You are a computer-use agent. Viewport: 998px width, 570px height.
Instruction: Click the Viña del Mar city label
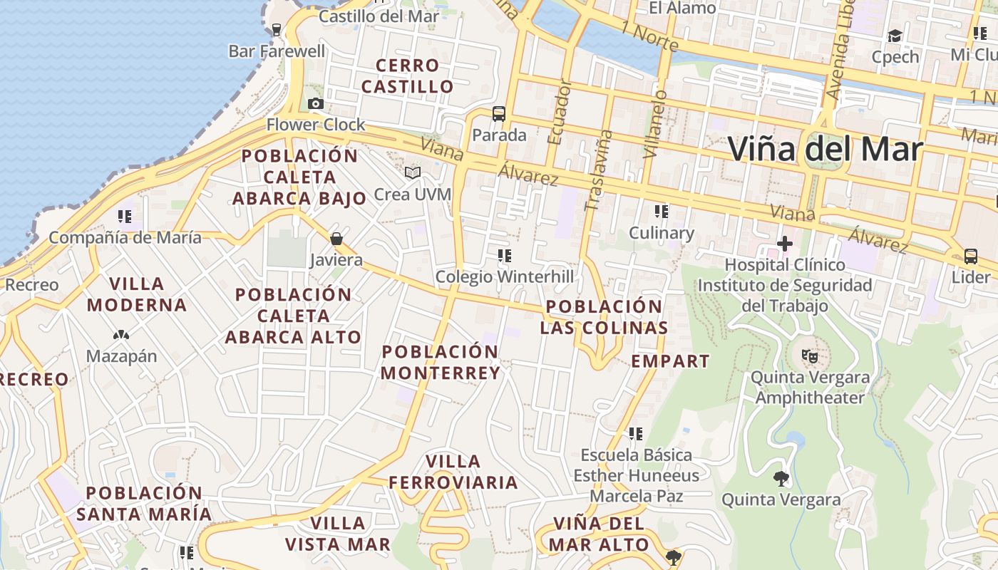click(825, 149)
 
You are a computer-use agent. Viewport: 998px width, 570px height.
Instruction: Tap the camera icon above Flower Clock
click(316, 104)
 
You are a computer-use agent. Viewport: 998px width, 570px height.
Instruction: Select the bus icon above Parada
click(499, 113)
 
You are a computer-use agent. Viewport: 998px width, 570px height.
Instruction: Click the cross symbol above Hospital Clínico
click(785, 244)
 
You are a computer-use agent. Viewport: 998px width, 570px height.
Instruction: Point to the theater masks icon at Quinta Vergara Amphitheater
click(808, 355)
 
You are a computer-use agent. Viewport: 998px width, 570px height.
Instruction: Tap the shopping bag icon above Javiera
click(336, 239)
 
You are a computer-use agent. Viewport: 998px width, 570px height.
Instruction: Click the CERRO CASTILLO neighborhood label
click(407, 76)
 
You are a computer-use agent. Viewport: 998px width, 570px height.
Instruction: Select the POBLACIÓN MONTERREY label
click(441, 362)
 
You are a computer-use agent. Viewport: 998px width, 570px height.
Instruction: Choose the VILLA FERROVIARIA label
click(453, 472)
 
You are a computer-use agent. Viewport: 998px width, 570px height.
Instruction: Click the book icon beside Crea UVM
click(412, 172)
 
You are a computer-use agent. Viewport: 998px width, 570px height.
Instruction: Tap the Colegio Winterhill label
click(504, 276)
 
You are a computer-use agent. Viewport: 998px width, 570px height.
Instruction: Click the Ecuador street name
click(559, 112)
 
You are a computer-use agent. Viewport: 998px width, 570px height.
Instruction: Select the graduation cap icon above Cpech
click(895, 36)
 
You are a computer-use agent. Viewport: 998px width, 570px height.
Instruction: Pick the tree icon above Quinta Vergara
click(781, 478)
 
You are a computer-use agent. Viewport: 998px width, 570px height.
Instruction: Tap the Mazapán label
click(121, 356)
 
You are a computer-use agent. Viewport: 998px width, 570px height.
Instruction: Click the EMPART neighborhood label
click(670, 361)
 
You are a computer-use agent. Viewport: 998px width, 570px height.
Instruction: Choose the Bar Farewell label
click(277, 51)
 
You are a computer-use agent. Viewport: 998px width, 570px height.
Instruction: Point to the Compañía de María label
click(125, 237)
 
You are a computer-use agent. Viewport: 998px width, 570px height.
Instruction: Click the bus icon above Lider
click(970, 256)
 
